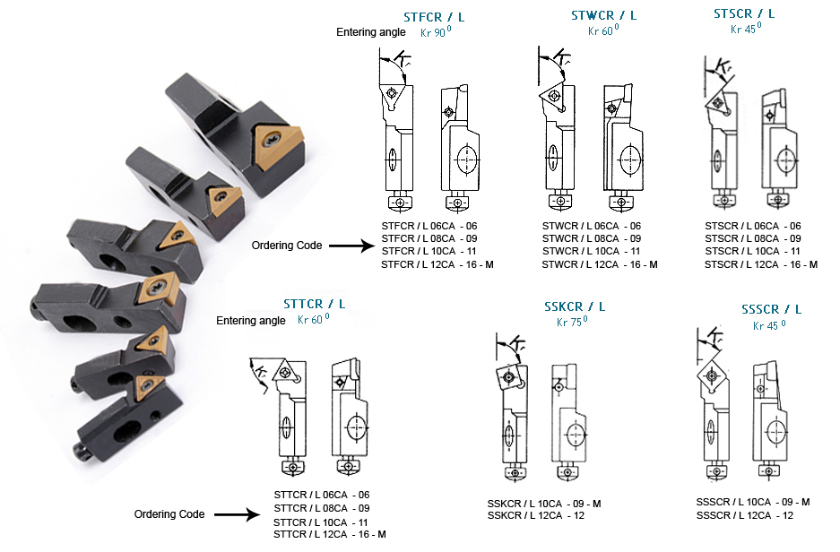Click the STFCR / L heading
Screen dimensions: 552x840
434,17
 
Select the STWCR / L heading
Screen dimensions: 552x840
603,15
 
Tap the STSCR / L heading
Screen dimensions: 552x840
744,13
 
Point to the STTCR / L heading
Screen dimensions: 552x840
314,304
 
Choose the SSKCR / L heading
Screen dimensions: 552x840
575,306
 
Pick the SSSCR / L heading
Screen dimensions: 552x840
771,309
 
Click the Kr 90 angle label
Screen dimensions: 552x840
437,32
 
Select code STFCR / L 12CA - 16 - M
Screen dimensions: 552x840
437,264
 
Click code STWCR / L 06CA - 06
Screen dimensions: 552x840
592,226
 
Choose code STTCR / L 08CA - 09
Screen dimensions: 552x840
321,508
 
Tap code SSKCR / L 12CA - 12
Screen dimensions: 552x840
535,515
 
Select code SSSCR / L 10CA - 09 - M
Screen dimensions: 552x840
752,502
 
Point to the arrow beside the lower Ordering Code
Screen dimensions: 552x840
236,514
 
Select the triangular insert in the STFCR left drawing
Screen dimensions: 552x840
392,91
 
